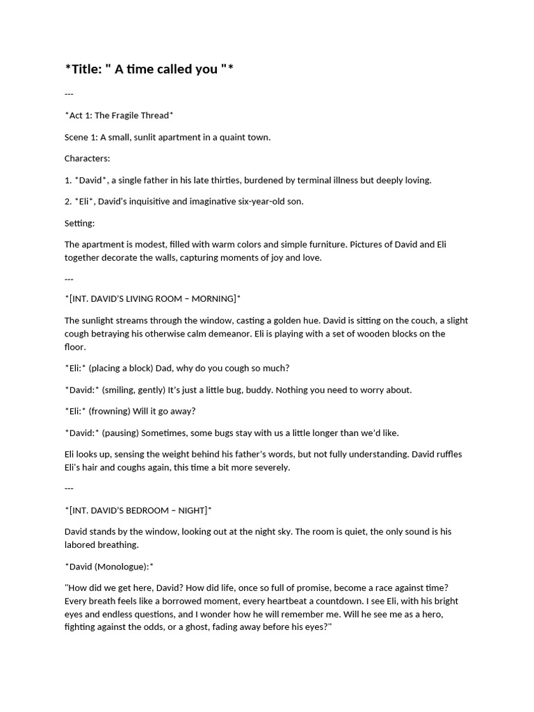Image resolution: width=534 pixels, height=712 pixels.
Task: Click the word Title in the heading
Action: coord(86,69)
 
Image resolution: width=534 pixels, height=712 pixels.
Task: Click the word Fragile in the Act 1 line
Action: coord(124,115)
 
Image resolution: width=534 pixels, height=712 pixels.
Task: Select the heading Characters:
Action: coord(87,159)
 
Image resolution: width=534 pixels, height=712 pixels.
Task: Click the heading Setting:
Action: coord(79,223)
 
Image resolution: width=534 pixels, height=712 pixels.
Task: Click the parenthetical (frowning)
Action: coord(109,411)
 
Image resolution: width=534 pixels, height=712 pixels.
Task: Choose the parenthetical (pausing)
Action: coord(120,433)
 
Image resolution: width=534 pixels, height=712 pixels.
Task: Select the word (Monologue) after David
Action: coord(124,567)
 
